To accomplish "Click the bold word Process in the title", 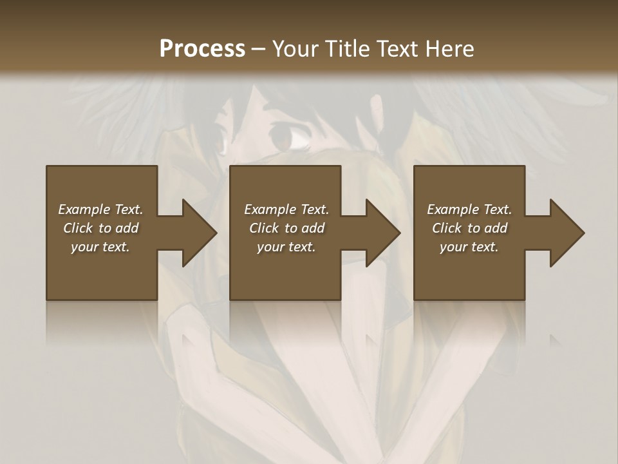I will tap(202, 48).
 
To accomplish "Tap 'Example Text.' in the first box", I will tap(100, 209).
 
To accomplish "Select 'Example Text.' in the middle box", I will tap(286, 209).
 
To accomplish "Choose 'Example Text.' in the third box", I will tap(469, 209).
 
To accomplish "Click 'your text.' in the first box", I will tap(100, 247).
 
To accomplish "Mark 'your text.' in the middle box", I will tap(286, 247).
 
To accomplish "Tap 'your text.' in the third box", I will tap(469, 247).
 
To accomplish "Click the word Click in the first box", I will tap(78, 228).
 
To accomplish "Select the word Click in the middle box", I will tap(264, 228).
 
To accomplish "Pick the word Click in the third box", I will tap(447, 228).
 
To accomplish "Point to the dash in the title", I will tap(259, 50).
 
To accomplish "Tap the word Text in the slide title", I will tap(398, 48).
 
